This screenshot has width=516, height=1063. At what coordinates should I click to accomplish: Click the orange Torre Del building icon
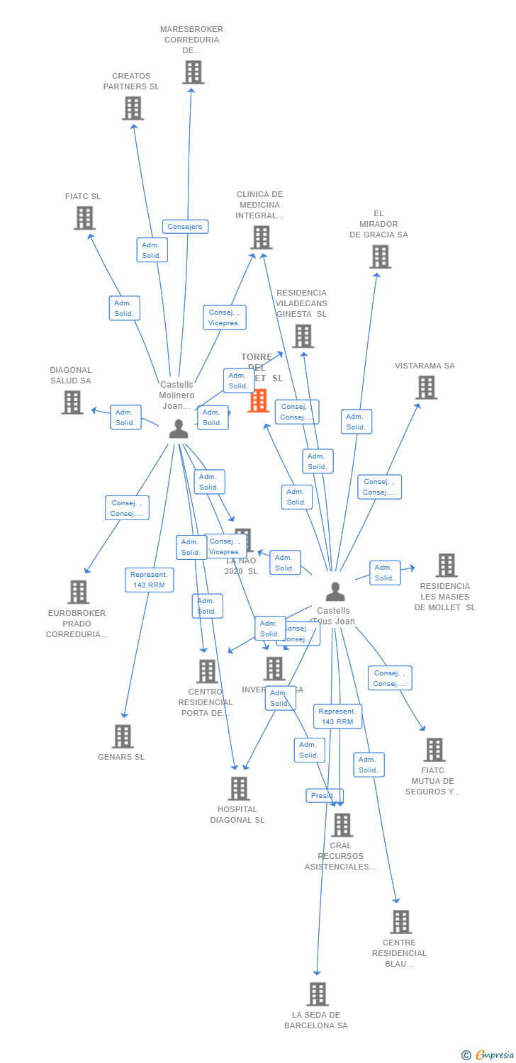point(259,400)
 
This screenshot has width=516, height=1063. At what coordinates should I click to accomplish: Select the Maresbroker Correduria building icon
point(193,72)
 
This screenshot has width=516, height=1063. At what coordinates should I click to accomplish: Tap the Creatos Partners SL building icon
point(133,108)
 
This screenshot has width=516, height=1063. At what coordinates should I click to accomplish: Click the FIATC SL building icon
point(84,218)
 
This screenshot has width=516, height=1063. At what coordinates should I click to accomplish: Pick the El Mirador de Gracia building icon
point(380,257)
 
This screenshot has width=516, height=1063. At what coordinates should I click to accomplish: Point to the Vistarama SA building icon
point(426,388)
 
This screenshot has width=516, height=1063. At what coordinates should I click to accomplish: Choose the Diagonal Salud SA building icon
point(72,403)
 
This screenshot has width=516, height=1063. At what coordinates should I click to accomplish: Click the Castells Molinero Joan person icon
point(179,429)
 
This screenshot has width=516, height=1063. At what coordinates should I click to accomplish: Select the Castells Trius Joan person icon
point(335,592)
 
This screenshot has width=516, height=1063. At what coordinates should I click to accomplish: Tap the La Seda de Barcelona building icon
point(318,994)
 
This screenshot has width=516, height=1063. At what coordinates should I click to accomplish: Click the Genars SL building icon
point(123,736)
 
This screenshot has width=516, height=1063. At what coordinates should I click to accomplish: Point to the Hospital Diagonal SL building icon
point(239,788)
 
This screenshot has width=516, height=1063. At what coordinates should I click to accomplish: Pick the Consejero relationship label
point(185,227)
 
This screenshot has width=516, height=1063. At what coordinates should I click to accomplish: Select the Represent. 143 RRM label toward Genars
point(150,580)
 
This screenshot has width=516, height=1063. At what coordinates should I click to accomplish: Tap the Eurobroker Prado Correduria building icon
point(78,592)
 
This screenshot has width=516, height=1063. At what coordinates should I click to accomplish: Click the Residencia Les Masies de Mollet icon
point(446,566)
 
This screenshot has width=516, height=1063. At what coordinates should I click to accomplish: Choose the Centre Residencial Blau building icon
point(400,922)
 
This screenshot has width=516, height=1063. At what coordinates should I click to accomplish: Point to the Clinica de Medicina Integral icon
point(261,237)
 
